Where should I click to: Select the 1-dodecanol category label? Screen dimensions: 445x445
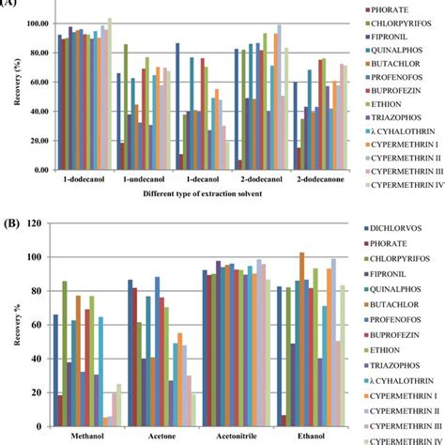pos(83,176)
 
